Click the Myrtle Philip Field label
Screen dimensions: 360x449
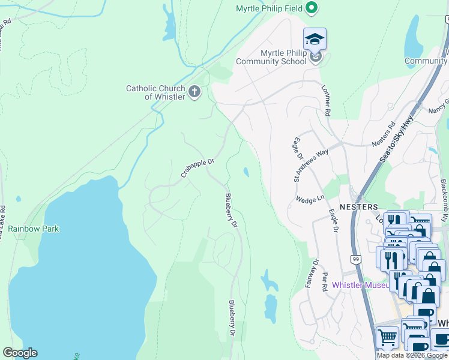(268, 8)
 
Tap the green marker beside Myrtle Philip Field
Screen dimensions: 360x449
(311, 8)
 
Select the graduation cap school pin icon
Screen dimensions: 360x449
(315, 40)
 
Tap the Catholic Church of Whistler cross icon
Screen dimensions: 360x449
(194, 92)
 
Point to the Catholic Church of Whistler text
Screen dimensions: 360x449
(155, 92)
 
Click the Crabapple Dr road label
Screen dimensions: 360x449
(197, 169)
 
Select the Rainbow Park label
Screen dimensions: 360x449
(34, 229)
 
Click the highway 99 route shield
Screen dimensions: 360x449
(356, 259)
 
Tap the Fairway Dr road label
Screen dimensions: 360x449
(310, 273)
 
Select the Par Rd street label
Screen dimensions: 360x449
(324, 283)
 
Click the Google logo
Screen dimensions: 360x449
(20, 353)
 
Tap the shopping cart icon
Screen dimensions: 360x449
(387, 338)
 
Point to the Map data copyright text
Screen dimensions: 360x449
(412, 355)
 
